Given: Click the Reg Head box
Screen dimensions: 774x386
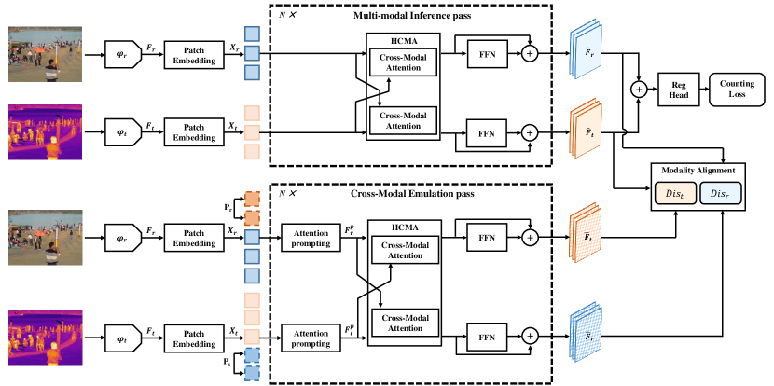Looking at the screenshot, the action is pos(678,90).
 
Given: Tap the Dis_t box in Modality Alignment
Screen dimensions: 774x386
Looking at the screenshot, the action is pos(674,194).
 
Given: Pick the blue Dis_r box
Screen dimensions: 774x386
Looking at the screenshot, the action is pos(720,194).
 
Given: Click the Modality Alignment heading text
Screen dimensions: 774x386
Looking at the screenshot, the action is pos(697,171).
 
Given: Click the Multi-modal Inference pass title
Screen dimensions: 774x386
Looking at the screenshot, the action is pos(412,16).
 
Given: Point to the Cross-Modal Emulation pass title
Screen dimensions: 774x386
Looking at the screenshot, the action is pos(412,194).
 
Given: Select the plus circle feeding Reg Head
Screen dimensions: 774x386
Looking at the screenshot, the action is pos(639,90).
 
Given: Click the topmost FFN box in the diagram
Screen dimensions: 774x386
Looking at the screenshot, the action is pos(488,53).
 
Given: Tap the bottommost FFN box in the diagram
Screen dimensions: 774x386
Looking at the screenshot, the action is pos(487,337).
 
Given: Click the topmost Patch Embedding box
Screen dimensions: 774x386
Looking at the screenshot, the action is pos(194,53).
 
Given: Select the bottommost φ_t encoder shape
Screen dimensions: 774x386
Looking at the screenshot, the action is pos(123,338).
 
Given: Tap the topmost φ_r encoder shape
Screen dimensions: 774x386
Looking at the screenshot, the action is pos(123,53).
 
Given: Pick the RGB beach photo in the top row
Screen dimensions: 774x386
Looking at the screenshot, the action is pos(45,54).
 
